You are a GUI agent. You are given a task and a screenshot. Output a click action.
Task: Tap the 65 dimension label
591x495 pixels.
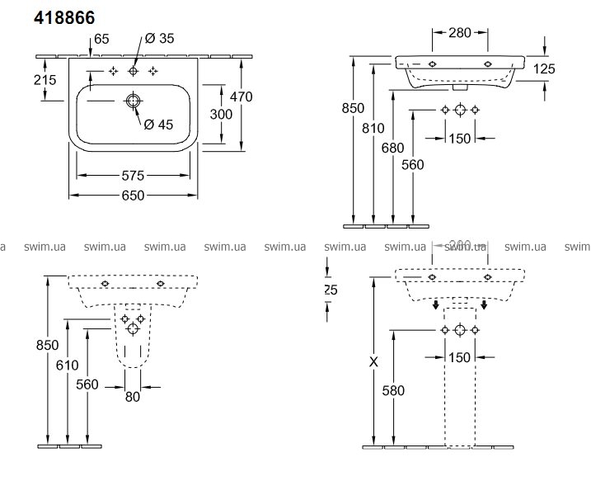coord(101,38)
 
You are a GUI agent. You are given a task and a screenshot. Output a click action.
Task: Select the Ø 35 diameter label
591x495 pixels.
coord(160,38)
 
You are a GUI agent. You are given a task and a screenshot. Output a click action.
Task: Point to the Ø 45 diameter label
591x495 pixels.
coord(158,124)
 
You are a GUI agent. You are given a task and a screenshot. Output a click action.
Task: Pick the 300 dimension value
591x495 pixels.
coord(222,114)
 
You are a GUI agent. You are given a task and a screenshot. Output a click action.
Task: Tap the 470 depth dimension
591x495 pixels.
coord(242,97)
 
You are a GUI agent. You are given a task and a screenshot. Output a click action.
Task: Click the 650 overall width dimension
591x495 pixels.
coord(133,195)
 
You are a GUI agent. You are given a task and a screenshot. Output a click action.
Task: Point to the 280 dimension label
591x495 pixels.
coord(460,33)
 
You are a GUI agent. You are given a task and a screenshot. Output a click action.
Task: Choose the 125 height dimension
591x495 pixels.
coord(543,70)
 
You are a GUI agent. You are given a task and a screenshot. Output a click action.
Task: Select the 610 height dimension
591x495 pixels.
coord(68,365)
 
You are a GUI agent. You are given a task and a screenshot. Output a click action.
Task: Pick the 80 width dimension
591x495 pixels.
coord(133,397)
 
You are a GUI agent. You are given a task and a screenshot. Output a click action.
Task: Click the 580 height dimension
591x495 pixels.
coord(394,390)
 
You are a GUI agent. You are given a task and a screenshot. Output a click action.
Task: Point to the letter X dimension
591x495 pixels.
coord(376,361)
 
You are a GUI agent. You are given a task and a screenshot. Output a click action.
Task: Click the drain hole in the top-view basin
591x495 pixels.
coord(133,101)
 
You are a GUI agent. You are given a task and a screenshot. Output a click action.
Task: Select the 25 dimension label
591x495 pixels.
coord(331,290)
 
